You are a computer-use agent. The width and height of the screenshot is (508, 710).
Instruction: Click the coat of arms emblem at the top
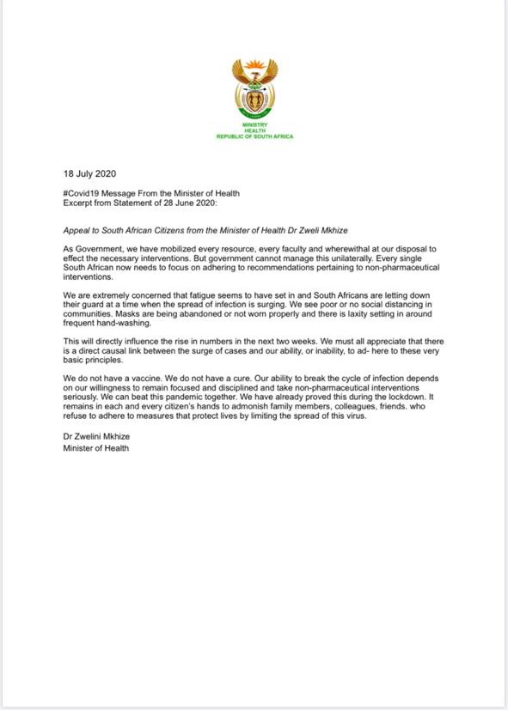[x=254, y=88]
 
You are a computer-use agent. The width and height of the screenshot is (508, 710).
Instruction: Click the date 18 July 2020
[x=91, y=172]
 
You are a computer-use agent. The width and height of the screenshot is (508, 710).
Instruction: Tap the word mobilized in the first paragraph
[x=186, y=249]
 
